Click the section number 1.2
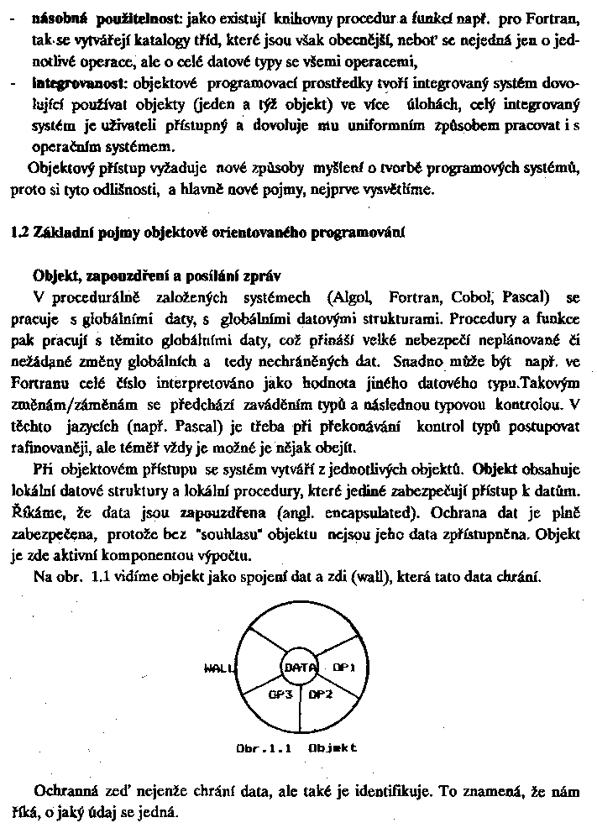pos(18,232)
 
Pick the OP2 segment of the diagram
pos(321,694)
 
